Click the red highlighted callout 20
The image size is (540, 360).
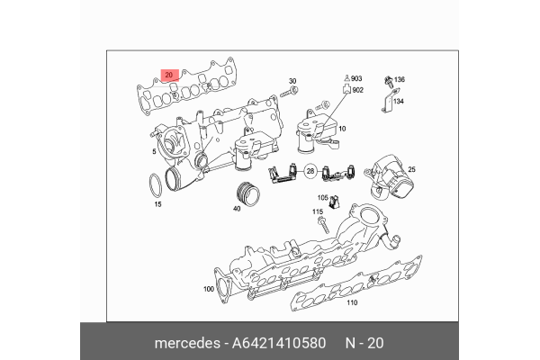[167, 75]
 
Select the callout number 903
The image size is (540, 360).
[356, 80]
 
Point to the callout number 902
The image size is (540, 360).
[357, 90]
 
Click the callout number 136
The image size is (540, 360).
[399, 80]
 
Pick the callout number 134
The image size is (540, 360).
[399, 102]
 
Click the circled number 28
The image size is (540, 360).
[310, 170]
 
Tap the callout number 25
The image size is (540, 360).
[411, 168]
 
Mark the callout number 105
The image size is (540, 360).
[322, 197]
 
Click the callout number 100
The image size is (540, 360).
[209, 290]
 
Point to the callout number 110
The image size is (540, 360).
[352, 302]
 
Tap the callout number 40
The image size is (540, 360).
[237, 209]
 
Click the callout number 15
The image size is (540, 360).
[157, 205]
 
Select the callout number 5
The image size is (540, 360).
[154, 153]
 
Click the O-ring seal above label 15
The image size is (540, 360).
[156, 184]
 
